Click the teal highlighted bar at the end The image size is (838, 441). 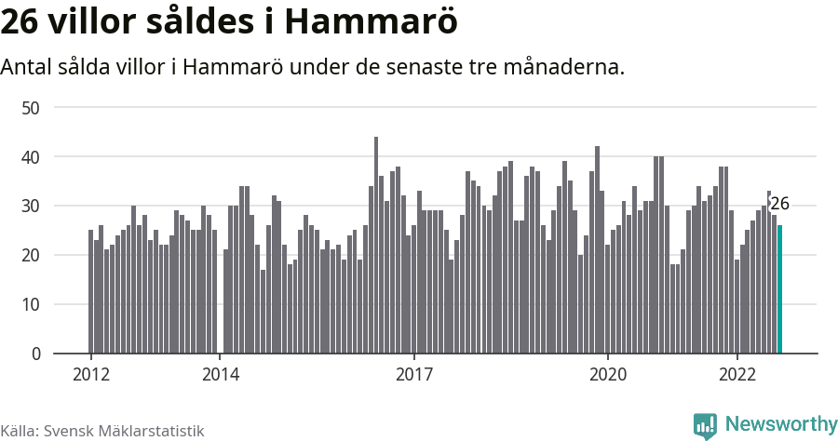[779, 289]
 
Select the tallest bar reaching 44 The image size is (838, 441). [376, 246]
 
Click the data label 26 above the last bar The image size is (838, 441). [779, 205]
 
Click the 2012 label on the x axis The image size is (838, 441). [91, 375]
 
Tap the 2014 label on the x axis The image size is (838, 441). [220, 375]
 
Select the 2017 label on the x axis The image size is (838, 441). [414, 375]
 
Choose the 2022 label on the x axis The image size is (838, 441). [737, 375]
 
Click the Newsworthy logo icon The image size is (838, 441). [705, 425]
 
